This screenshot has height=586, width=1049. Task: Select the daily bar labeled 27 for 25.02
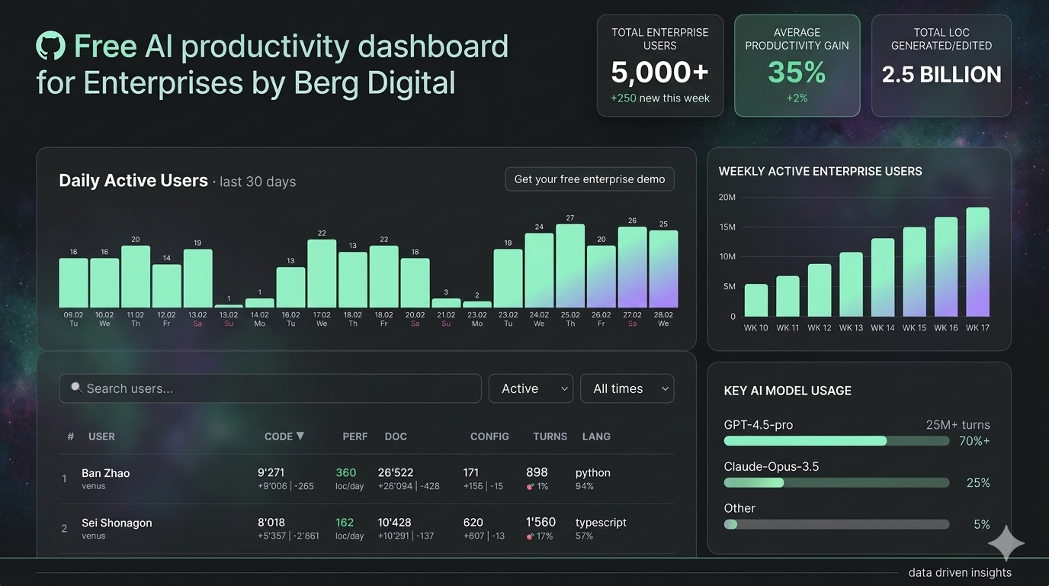(570, 266)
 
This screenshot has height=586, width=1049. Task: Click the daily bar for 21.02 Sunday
(446, 303)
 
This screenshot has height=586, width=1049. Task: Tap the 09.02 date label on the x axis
(73, 314)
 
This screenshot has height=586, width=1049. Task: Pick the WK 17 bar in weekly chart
(977, 262)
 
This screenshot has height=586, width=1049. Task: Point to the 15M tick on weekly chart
(727, 227)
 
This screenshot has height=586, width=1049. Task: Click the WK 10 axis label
(756, 328)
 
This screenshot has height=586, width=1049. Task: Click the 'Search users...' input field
(270, 388)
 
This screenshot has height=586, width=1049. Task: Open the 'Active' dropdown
(531, 388)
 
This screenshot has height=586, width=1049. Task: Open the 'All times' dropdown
(627, 388)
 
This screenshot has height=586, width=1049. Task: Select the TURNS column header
(550, 436)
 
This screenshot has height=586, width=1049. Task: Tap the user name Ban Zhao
(106, 473)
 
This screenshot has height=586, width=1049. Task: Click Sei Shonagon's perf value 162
(345, 523)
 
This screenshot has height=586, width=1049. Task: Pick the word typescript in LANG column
(601, 523)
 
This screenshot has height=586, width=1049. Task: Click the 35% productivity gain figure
(797, 73)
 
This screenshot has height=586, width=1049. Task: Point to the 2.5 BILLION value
(942, 75)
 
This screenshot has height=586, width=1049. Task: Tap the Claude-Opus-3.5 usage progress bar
(836, 483)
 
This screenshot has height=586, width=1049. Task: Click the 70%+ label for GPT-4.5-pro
(974, 441)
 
